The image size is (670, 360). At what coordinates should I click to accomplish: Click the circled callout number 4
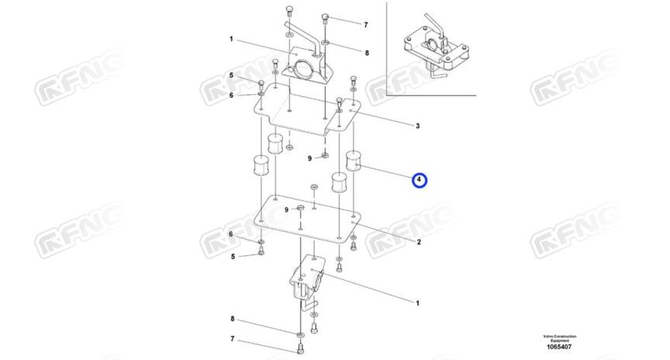click(x=420, y=181)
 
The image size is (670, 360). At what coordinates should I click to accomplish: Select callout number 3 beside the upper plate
click(x=418, y=126)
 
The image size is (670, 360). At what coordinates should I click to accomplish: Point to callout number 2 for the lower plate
click(x=419, y=243)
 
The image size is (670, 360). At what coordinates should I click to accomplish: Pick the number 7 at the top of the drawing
click(x=366, y=25)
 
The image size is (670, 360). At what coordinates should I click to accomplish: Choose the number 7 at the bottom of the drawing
click(x=231, y=338)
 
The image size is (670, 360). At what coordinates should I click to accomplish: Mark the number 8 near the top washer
click(x=367, y=53)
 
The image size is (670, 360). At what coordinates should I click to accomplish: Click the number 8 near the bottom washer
click(x=231, y=318)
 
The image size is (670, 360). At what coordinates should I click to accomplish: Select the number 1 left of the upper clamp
click(x=231, y=39)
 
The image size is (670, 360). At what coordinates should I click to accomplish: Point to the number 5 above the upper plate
click(x=231, y=75)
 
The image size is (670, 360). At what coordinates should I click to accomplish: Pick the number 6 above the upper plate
click(x=231, y=95)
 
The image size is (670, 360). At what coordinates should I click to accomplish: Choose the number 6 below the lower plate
click(x=231, y=234)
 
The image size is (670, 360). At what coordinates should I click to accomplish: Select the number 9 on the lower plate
click(x=287, y=209)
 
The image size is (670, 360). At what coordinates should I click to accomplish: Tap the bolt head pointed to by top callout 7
click(x=326, y=18)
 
